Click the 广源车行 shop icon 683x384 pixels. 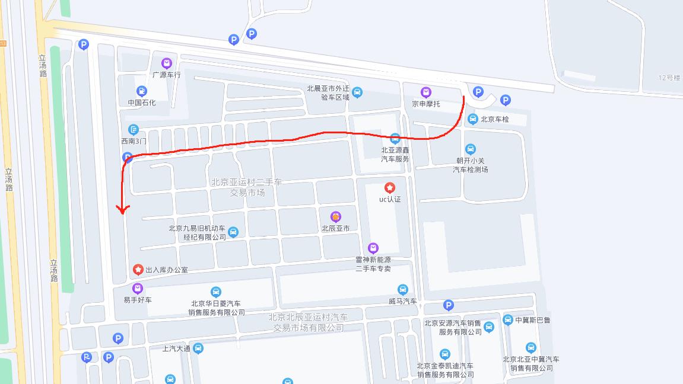pyautogui.click(x=167, y=63)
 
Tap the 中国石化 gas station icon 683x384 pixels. pyautogui.click(x=141, y=91)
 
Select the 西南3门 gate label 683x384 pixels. pyautogui.click(x=134, y=141)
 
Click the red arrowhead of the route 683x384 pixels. pyautogui.click(x=123, y=209)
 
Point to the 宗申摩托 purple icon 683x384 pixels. pyautogui.click(x=425, y=92)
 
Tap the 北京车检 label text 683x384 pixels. pyautogui.click(x=495, y=119)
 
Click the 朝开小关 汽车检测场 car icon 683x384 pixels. pyautogui.click(x=471, y=149)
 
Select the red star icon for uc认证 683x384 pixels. pyautogui.click(x=390, y=187)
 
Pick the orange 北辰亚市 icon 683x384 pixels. pyautogui.click(x=336, y=216)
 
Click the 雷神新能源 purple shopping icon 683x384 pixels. pyautogui.click(x=373, y=248)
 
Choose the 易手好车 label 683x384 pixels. pyautogui.click(x=138, y=300)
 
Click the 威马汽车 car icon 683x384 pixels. pyautogui.click(x=403, y=290)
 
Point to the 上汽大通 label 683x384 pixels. pyautogui.click(x=176, y=348)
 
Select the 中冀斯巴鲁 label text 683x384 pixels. pyautogui.click(x=533, y=320)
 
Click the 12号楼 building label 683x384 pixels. pyautogui.click(x=669, y=78)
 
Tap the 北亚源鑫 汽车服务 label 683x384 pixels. pyautogui.click(x=395, y=155)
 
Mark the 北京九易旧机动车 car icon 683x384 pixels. pyautogui.click(x=233, y=232)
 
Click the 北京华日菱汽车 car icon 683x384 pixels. pyautogui.click(x=215, y=292)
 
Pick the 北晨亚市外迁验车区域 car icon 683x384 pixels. pyautogui.click(x=357, y=92)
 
